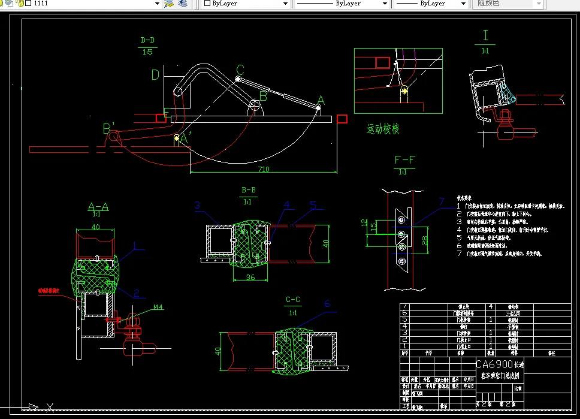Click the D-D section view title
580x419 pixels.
coord(147,41)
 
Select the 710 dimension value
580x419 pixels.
coord(264,169)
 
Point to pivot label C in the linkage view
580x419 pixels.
coord(240,70)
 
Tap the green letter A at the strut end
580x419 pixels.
coord(320,100)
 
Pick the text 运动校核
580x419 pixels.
coord(383,129)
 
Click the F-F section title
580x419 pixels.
coord(406,160)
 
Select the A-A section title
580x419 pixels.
coord(98,207)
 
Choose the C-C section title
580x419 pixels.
coord(293,300)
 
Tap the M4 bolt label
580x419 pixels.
coord(158,308)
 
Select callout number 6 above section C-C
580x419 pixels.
coord(327,304)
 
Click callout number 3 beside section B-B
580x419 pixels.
coord(197,206)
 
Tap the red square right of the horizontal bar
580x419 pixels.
coord(342,119)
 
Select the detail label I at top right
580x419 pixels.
coord(485,35)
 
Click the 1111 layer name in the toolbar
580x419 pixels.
coord(41,4)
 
